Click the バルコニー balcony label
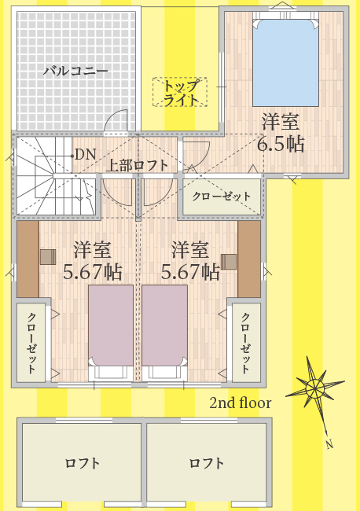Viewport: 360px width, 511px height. (75, 71)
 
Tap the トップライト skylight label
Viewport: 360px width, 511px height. (180, 93)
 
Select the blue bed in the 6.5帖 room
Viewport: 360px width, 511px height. (285, 63)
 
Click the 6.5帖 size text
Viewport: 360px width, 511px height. (281, 145)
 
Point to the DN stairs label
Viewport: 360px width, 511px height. (86, 154)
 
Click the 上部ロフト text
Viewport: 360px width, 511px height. (137, 166)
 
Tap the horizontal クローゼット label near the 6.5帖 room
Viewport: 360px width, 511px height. (222, 197)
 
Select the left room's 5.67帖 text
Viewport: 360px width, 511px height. (93, 272)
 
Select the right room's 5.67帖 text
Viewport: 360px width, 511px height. (190, 272)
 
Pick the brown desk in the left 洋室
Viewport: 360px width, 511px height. (28, 259)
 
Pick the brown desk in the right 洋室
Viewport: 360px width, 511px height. (249, 259)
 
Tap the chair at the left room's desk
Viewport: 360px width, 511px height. (48, 257)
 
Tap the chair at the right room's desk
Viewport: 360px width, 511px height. (229, 262)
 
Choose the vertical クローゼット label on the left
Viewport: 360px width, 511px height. (31, 343)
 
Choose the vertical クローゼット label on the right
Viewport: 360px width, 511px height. (245, 343)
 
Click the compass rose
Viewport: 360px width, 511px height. (315, 388)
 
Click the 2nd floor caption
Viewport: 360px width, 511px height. (240, 403)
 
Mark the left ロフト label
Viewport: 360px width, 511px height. (82, 463)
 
